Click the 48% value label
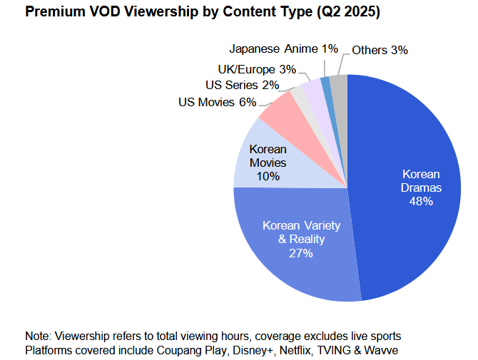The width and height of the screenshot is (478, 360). coord(421,202)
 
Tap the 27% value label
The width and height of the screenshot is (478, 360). coord(301,252)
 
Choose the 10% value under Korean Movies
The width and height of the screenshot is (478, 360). coord(268,176)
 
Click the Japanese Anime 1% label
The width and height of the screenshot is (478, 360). coord(283,49)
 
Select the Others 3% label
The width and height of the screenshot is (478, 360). coord(380,50)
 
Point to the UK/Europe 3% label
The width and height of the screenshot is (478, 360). coord(256,69)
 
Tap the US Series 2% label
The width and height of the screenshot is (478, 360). coord(241,86)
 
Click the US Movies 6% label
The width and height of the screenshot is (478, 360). coord(217,102)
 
